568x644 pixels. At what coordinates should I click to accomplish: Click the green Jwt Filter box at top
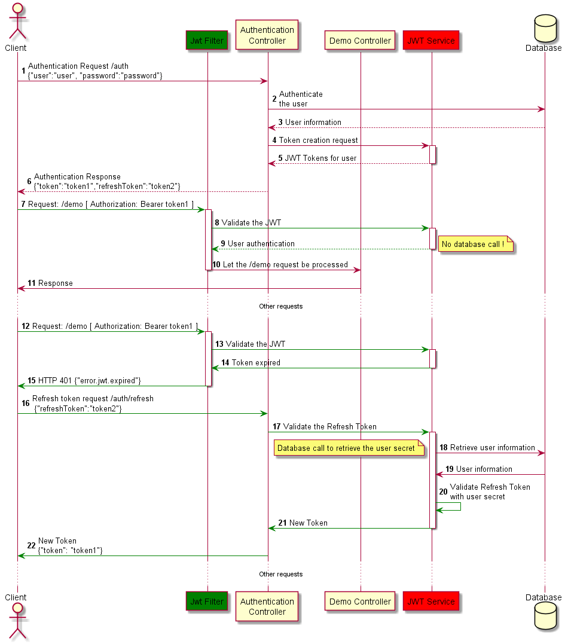[x=207, y=41]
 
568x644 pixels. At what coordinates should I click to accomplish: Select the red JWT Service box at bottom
[x=431, y=602]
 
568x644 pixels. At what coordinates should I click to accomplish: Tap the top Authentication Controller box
[x=267, y=35]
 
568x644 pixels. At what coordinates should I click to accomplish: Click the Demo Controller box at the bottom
[x=360, y=602]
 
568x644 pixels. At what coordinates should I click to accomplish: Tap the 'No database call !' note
[x=473, y=245]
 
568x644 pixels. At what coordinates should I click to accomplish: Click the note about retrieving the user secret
[x=346, y=448]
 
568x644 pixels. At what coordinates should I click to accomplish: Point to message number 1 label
[x=23, y=71]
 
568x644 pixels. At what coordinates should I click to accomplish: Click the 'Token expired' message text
[x=256, y=362]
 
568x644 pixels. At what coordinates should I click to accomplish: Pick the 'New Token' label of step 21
[x=308, y=523]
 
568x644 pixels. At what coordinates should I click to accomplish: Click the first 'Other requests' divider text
[x=280, y=306]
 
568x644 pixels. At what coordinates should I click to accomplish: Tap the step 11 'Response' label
[x=56, y=283]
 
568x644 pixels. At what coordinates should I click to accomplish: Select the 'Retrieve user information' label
[x=492, y=447]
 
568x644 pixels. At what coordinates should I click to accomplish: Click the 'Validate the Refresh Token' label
[x=329, y=426]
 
